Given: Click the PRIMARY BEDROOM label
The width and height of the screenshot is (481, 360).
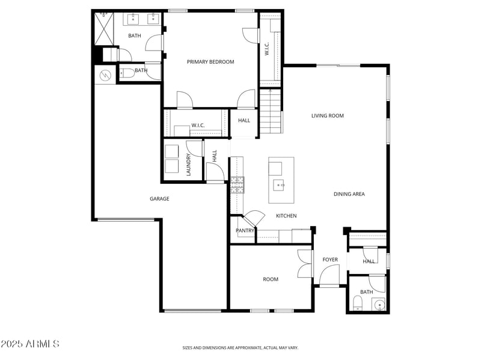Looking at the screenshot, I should (210, 62).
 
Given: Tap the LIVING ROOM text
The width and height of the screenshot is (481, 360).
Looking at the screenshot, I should (327, 116).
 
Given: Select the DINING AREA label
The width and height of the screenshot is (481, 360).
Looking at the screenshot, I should (349, 194).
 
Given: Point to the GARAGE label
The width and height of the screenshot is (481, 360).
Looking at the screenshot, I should (159, 199).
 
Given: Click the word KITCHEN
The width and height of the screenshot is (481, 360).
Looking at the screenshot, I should (286, 216).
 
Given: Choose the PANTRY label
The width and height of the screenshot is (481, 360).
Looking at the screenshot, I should (245, 231).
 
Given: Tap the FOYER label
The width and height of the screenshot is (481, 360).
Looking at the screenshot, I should (330, 260).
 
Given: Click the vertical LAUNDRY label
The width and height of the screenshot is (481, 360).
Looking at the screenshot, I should (188, 163).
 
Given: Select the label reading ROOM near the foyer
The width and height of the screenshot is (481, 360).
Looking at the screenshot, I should (271, 279).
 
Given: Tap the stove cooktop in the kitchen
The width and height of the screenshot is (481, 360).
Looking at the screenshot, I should (236, 184).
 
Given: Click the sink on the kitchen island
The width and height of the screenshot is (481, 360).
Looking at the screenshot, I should (279, 185).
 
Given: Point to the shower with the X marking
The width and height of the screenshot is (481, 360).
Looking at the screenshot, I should (106, 29).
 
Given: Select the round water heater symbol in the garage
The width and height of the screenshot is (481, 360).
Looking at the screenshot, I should (105, 76).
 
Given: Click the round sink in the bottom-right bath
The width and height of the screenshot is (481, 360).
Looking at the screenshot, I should (379, 305).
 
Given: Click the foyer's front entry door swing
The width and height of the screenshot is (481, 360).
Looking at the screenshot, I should (328, 275).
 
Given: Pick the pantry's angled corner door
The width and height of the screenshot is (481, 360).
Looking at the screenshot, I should (254, 217).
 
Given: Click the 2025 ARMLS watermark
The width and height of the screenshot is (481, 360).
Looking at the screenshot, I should (30, 344).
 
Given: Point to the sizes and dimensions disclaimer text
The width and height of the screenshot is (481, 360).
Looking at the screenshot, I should (240, 347).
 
